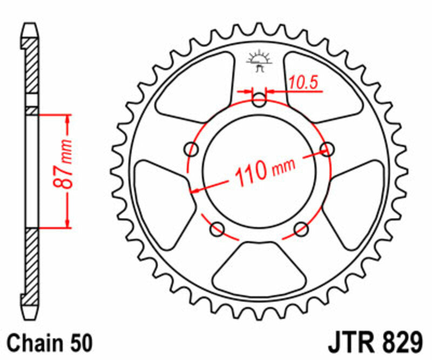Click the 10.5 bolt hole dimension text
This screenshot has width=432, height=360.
coord(302,82)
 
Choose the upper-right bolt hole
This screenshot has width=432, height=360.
coord(326,148)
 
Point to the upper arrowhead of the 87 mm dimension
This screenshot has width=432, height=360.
coord(67,118)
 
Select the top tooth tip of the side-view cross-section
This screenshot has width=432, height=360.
coord(31,27)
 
